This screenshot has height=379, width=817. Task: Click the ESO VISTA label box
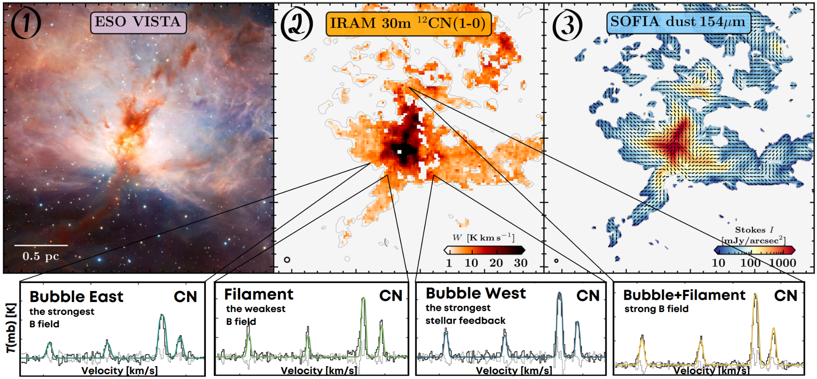point(138,22)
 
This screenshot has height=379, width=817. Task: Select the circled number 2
point(297,24)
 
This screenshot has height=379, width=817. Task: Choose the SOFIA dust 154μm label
point(678,22)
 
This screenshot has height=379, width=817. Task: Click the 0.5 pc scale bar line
point(41,245)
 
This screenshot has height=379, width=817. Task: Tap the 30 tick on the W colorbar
point(521,263)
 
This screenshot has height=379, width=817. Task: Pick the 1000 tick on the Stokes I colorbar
point(783,263)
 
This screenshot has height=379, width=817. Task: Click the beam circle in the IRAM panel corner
point(287,260)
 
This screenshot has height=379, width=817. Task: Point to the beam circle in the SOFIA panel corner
point(557,261)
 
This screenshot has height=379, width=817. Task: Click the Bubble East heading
point(76,297)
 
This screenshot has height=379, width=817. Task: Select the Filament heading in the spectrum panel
point(259,295)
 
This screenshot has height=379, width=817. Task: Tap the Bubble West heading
point(476,293)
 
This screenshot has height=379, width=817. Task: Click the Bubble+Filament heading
point(684,295)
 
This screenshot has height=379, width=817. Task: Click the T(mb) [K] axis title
point(11,328)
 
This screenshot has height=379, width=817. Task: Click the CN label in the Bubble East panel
point(186,297)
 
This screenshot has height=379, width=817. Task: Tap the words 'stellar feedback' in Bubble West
point(465,321)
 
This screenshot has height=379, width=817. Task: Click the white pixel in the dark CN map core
point(399,151)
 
